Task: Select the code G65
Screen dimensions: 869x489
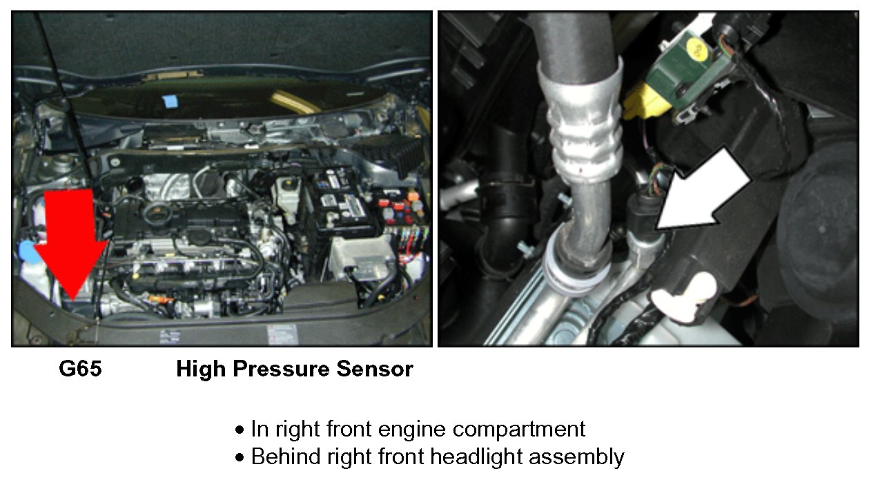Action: pos(80,368)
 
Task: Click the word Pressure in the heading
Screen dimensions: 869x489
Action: pos(281,369)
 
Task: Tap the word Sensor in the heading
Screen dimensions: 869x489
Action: pos(375,369)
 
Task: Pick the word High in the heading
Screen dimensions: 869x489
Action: pos(201,370)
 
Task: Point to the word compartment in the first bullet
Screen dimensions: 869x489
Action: pos(519,429)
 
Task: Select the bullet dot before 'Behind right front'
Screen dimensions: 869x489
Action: pos(240,457)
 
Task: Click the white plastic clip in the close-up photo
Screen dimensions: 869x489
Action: pos(683,298)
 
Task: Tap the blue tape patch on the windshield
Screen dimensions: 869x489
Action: pos(170,101)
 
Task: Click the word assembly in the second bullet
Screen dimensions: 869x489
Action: pos(577,457)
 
